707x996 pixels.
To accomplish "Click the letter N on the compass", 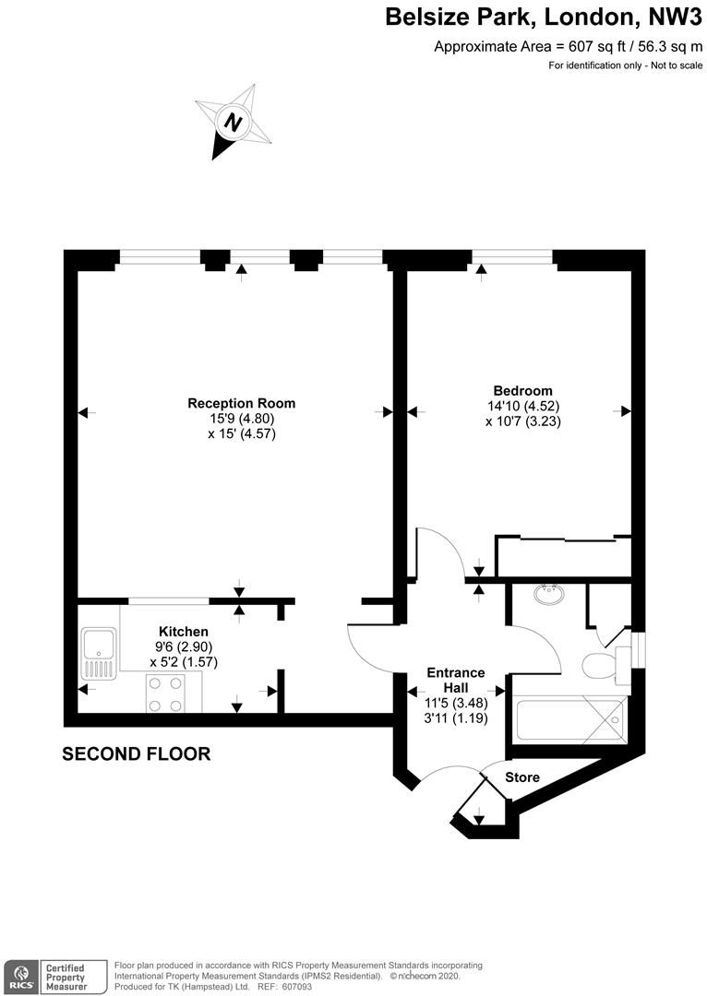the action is click(234, 122).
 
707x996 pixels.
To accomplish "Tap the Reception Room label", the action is click(242, 403).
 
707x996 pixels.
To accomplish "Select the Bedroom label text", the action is click(523, 391).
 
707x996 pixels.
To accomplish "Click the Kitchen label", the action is click(183, 632).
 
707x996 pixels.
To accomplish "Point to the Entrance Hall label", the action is click(456, 680).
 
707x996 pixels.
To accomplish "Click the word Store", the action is click(522, 777).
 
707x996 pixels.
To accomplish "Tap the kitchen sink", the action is click(99, 654).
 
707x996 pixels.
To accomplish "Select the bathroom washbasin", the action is click(548, 595).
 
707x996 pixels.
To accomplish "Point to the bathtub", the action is click(571, 721).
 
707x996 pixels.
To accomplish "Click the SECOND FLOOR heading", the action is click(136, 754).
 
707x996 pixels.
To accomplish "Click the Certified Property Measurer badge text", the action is click(66, 977).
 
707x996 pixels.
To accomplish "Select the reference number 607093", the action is click(297, 987).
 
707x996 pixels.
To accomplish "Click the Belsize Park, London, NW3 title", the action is click(544, 18).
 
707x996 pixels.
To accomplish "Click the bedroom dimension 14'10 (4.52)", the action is click(523, 406).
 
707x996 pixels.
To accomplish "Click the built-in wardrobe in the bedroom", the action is click(563, 557).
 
